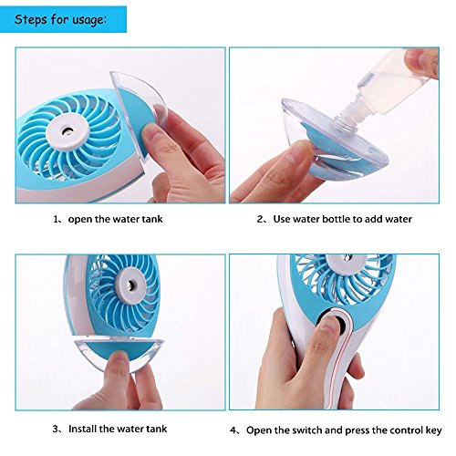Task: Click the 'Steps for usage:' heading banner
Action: point(63,19)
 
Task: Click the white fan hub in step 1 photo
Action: point(67,132)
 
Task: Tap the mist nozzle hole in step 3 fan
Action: point(131,285)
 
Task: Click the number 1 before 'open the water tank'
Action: point(56,219)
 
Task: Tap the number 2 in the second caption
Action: point(260,219)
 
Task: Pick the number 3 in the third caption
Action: point(56,429)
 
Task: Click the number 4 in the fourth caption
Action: point(233,430)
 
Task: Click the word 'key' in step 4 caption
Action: point(434,430)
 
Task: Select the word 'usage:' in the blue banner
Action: point(89,20)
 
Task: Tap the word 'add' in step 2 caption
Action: point(373,219)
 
